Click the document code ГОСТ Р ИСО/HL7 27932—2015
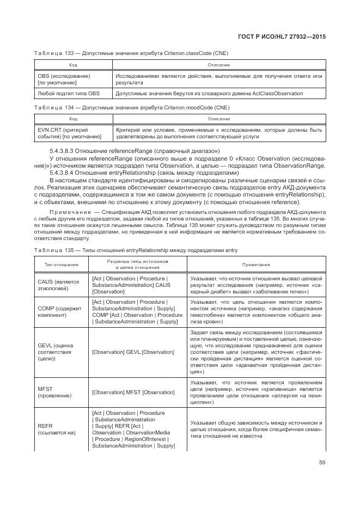point(285,36)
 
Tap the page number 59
point(322,463)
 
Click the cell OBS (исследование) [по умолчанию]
point(63,79)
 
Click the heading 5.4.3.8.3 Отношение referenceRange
point(135,150)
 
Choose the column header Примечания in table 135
point(256,265)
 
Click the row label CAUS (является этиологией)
point(58,285)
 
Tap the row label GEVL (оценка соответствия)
point(56,352)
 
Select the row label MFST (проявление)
point(54,392)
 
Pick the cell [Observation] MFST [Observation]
point(133,392)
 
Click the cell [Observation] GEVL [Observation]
point(133,352)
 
